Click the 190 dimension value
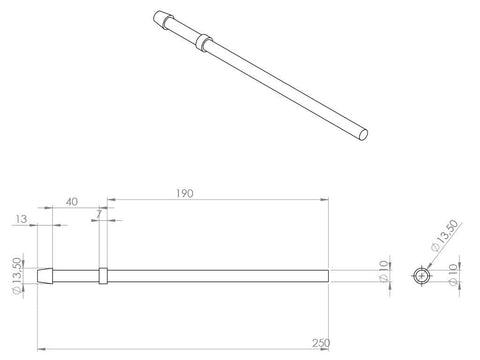click(185, 193)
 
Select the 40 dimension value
click(72, 202)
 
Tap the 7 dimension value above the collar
click(99, 214)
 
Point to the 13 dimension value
click(21, 219)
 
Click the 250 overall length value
click(321, 343)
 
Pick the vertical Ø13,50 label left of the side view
click(17, 276)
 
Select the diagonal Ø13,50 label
click(444, 236)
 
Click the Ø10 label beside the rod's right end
click(384, 271)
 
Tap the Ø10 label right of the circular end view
click(453, 274)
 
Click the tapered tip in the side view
click(45, 276)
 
